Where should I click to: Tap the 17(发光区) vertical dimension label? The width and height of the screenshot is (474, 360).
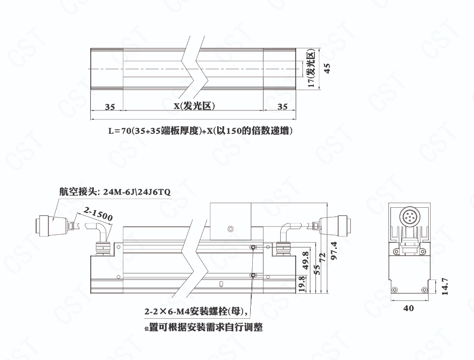click(311, 69)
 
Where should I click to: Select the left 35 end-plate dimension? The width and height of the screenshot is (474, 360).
click(110, 107)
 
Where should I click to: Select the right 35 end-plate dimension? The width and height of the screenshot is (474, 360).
click(282, 106)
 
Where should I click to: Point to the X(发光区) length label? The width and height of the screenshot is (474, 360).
click(194, 106)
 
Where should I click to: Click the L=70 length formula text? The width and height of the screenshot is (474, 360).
click(200, 131)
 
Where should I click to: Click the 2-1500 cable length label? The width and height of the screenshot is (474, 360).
click(98, 214)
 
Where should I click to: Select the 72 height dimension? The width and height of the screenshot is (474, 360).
click(323, 257)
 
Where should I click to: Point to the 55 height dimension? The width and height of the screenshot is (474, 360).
click(317, 270)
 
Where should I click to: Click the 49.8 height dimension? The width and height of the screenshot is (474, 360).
click(306, 261)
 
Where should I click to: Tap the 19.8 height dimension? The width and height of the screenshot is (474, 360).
click(302, 284)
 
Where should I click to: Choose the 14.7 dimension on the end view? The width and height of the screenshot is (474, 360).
click(444, 286)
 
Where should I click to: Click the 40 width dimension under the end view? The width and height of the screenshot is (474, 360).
click(408, 309)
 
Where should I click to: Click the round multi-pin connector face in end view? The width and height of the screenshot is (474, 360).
click(409, 216)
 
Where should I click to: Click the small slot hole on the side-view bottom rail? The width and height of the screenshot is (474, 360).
click(222, 284)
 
